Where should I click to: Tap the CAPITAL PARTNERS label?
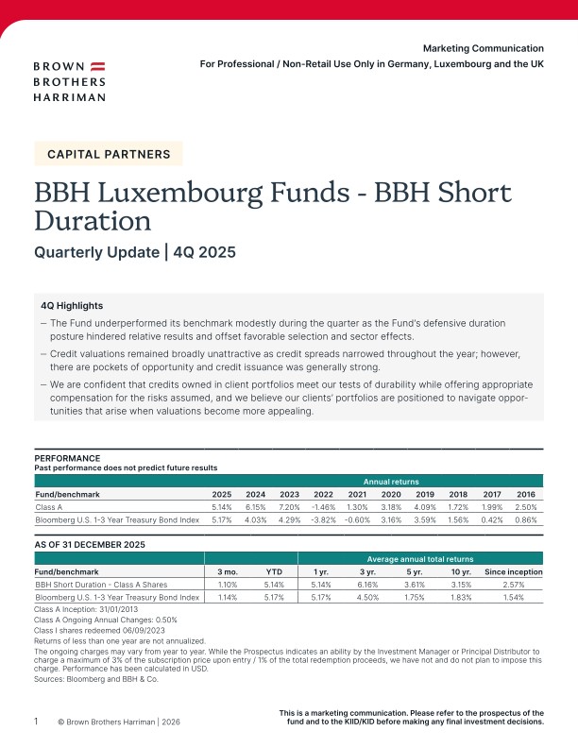click(x=109, y=154)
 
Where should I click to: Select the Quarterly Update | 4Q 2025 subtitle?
click(x=134, y=252)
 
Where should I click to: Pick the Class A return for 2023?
click(x=290, y=505)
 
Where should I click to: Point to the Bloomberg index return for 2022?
click(x=324, y=519)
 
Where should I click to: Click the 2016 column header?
click(x=525, y=493)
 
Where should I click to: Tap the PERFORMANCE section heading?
click(x=67, y=458)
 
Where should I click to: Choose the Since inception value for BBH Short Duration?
click(x=513, y=585)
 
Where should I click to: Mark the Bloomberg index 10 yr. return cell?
click(x=460, y=598)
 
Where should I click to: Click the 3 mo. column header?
click(x=228, y=571)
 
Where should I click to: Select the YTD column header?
click(x=274, y=571)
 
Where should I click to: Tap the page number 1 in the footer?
click(x=37, y=722)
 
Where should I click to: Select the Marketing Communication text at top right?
click(x=483, y=48)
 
